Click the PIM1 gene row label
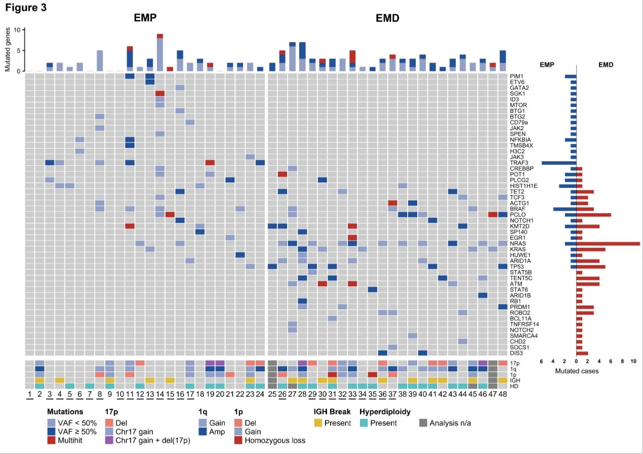pos(517,77)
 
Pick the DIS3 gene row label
pos(517,353)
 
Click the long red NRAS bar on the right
pos(608,244)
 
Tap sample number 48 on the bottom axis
pos(502,394)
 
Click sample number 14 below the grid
pos(160,394)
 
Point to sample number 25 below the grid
pos(272,394)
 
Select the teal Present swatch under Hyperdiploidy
pos(364,423)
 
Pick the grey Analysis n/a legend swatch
pos(424,423)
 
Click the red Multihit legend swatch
pos(51,440)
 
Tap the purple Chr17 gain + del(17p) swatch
pos(109,440)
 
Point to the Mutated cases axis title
pos(577,371)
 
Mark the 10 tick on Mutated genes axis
pos(16,30)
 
